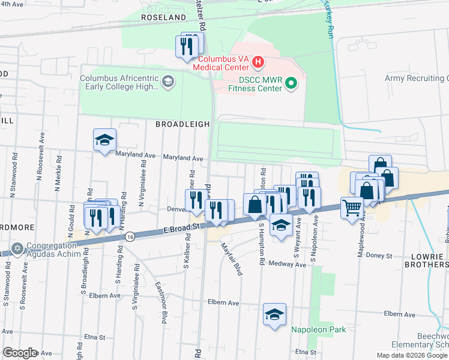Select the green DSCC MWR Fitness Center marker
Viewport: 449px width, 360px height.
coord(291,83)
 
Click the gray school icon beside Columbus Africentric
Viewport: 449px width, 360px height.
coord(168,81)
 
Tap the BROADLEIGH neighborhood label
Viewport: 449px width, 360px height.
coord(182,124)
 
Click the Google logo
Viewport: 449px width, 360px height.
coord(20,353)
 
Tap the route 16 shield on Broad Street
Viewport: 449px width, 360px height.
coord(130,237)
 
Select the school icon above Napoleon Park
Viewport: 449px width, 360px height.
coord(274,314)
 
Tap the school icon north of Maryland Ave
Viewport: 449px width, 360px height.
coord(105,140)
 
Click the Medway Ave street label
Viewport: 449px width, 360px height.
coord(279,263)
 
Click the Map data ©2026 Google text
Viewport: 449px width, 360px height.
coord(411,355)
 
